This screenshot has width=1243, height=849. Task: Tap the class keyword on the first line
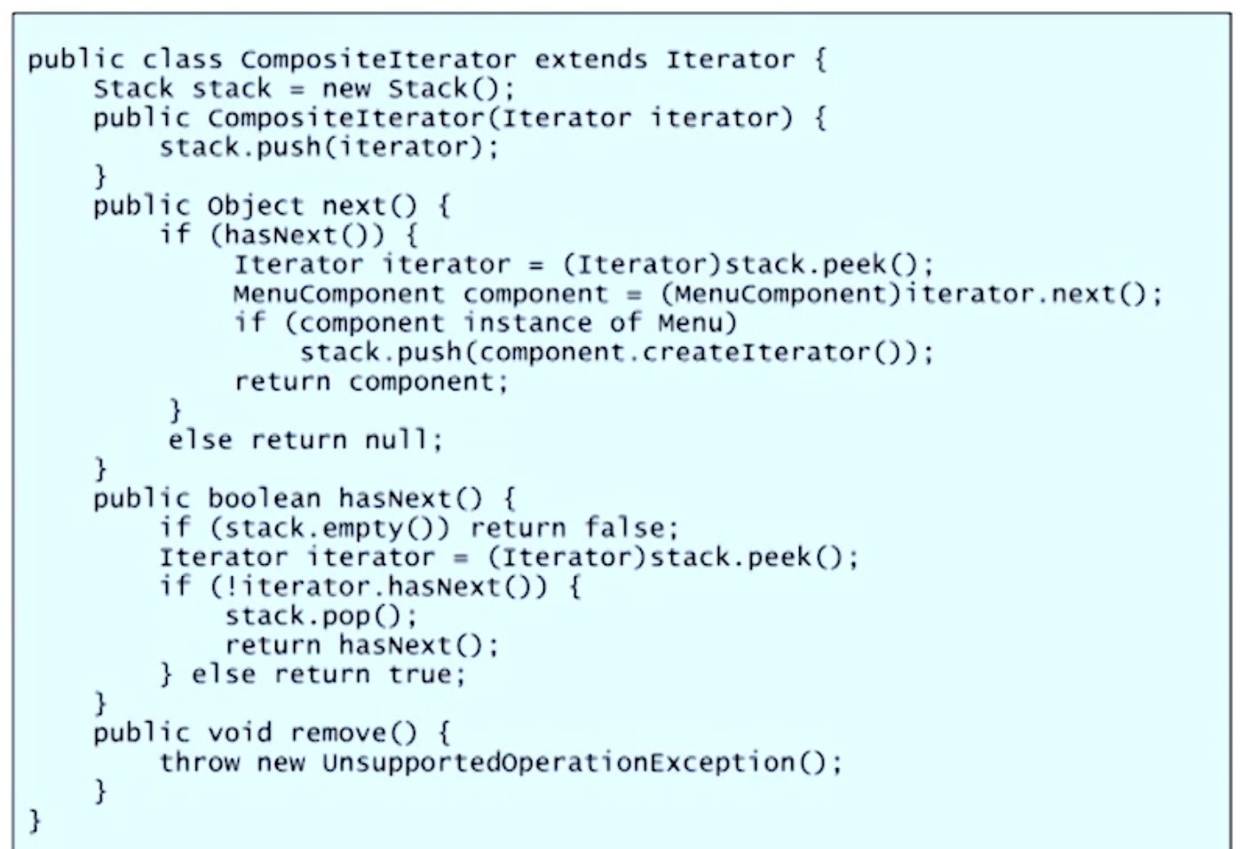pos(182,60)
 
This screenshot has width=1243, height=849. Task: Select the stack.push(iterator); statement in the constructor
pos(329,147)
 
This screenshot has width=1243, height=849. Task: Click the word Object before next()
pos(256,207)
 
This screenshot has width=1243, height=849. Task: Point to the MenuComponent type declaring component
pos(338,294)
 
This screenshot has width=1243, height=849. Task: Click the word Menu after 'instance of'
pos(697,322)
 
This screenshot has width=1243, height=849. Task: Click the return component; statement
pos(370,382)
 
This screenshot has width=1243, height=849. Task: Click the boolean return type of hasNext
pos(264,499)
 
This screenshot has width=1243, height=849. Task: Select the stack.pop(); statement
pos(321,615)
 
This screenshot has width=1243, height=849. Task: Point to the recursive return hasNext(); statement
pos(361,645)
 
